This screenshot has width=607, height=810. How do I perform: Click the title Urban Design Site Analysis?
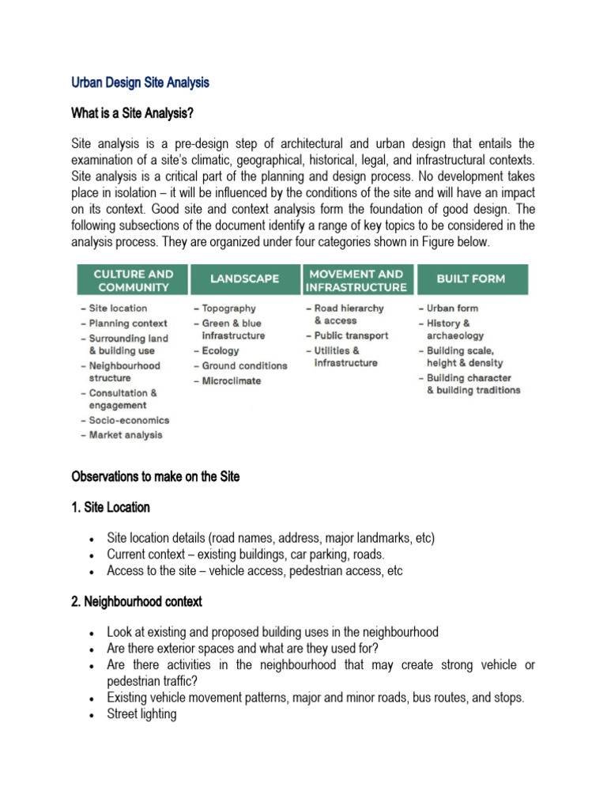click(x=140, y=82)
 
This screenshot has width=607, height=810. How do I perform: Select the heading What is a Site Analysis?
click(x=133, y=113)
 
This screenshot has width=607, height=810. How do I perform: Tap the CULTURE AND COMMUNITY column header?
click(x=133, y=280)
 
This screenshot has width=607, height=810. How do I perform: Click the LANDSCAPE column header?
click(x=244, y=279)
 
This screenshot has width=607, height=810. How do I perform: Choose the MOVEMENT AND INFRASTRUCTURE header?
click(x=356, y=280)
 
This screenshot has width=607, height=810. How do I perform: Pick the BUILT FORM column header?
click(x=471, y=279)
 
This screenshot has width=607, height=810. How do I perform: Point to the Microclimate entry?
click(x=230, y=380)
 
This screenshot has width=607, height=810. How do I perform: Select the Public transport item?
click(x=350, y=335)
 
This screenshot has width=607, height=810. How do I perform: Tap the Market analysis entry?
click(x=125, y=434)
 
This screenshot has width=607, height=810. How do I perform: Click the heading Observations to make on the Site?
click(x=155, y=476)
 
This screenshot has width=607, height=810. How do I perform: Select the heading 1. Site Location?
click(x=111, y=507)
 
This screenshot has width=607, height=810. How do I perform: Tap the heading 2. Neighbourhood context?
click(x=137, y=601)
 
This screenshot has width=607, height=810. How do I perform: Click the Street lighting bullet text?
click(x=141, y=714)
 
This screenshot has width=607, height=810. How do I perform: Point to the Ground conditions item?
click(x=243, y=365)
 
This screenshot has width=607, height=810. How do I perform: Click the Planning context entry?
click(x=127, y=324)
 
